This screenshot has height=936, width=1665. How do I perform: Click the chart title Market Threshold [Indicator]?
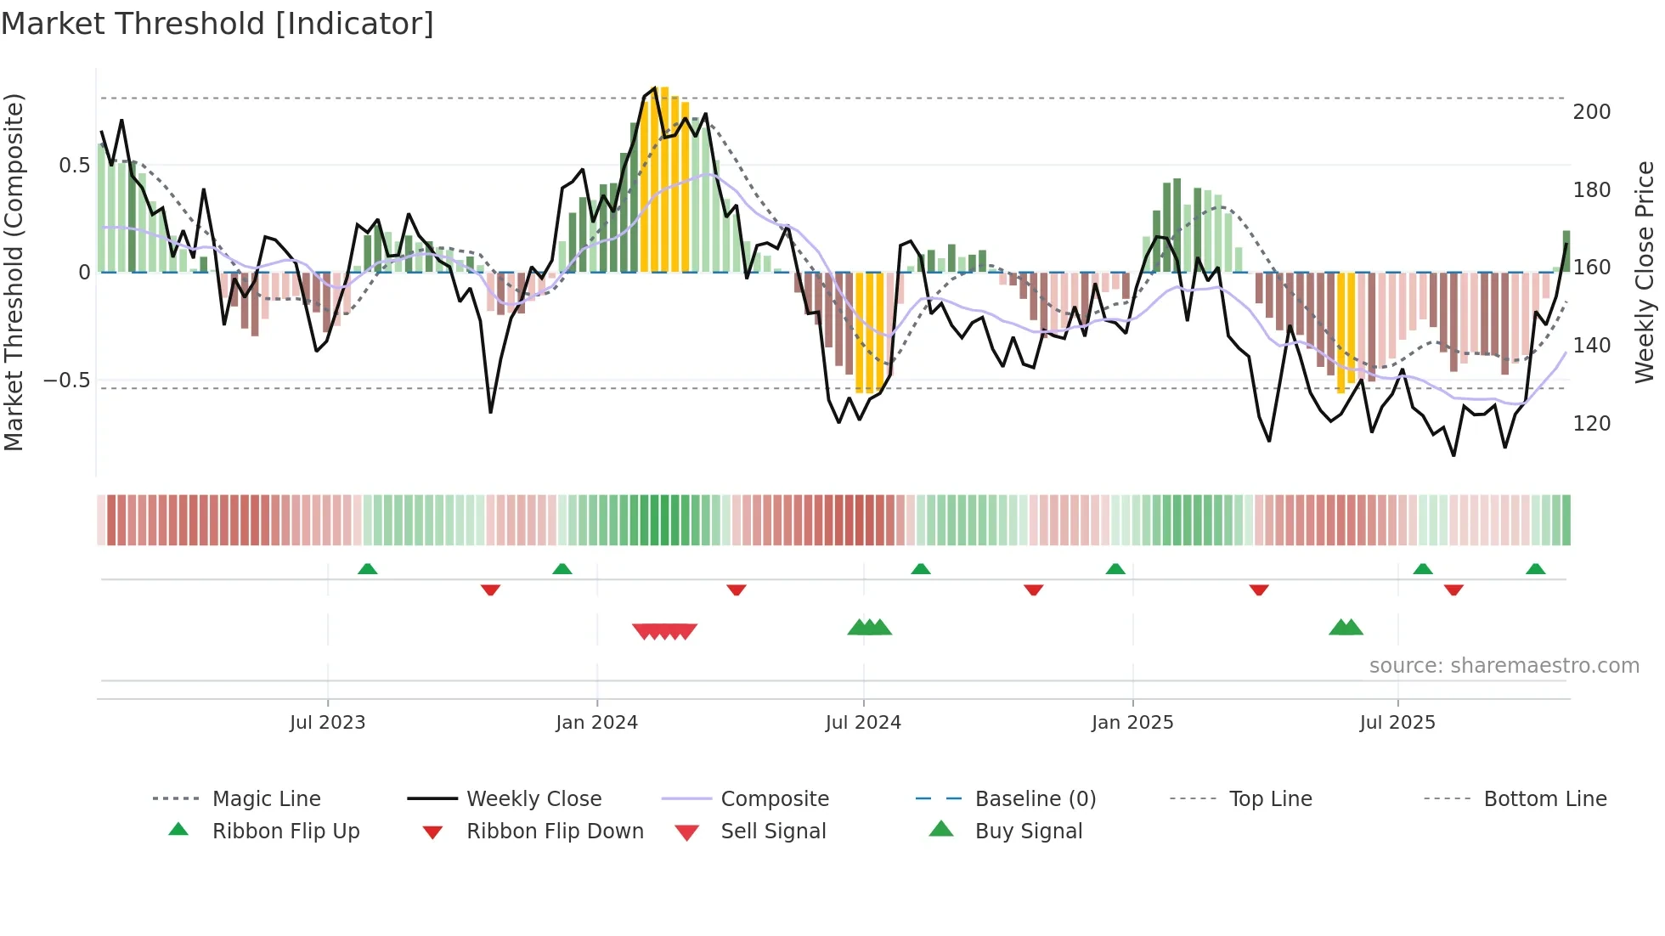tap(217, 24)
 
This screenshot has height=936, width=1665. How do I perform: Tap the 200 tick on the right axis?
tap(1591, 112)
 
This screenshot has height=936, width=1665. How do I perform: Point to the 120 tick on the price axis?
tap(1591, 424)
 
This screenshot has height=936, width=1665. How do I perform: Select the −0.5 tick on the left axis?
tap(66, 380)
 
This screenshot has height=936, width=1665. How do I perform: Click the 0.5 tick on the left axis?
tap(74, 166)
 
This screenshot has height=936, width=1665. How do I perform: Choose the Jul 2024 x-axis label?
tap(862, 723)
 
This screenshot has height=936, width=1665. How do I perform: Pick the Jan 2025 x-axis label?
tap(1132, 723)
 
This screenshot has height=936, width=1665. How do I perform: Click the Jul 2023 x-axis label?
tap(327, 723)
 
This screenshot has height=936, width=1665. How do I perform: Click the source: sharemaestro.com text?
tap(1504, 666)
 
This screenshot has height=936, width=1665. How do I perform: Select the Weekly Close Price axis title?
tap(1645, 272)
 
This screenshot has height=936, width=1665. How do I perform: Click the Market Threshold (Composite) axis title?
tap(14, 272)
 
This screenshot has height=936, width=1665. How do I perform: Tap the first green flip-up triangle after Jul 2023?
tap(367, 569)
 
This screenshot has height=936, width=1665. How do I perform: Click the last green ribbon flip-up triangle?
tap(1535, 569)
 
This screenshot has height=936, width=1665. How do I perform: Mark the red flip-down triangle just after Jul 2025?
tap(1453, 589)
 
